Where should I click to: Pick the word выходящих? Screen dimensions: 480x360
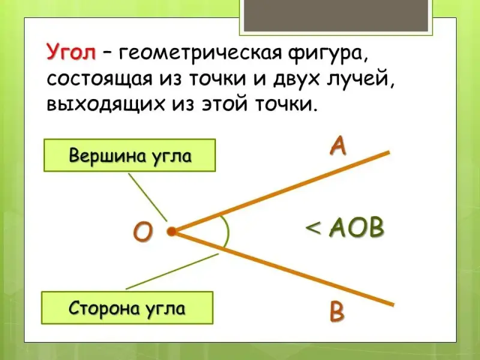pos(105,106)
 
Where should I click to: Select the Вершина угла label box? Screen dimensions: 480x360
pos(130,155)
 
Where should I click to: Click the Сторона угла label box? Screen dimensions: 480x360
pos(127,308)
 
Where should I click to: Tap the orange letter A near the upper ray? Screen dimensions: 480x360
pos(338,146)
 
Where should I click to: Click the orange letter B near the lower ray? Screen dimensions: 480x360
pos(337,311)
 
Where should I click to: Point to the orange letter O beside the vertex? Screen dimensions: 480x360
pos(143,231)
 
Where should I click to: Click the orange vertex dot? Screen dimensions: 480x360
pos(172,232)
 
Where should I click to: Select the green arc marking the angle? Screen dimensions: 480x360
pos(229,232)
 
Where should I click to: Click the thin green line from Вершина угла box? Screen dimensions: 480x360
pos(148,197)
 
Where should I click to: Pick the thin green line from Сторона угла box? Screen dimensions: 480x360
pos(172,271)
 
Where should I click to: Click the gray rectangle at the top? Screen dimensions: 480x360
pos(336,16)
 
